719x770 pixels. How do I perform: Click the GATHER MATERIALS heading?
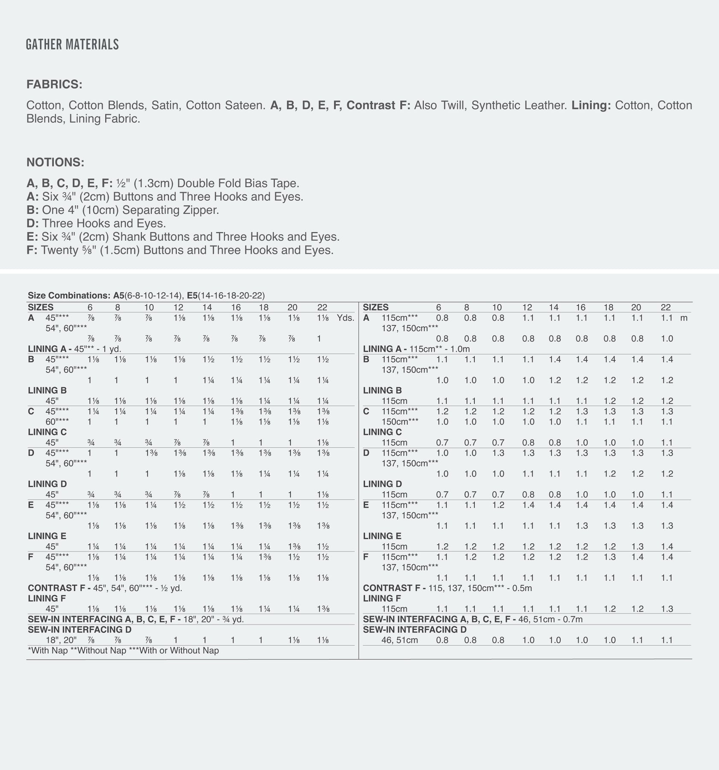pyautogui.click(x=72, y=44)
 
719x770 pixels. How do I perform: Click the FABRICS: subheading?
pyautogui.click(x=54, y=84)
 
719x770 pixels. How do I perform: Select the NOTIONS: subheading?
pyautogui.click(x=55, y=163)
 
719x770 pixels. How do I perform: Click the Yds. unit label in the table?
pyautogui.click(x=345, y=318)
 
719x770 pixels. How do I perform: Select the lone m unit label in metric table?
pyautogui.click(x=683, y=318)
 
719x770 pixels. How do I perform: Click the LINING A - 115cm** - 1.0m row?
pyautogui.click(x=416, y=349)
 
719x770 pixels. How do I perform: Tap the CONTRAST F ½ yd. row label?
pyautogui.click(x=105, y=588)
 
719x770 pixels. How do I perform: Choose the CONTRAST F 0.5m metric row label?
pyautogui.click(x=447, y=588)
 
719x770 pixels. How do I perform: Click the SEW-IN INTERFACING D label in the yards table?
pyautogui.click(x=80, y=630)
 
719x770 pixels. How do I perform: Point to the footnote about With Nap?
pyautogui.click(x=123, y=651)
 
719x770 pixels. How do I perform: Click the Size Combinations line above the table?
pyautogui.click(x=146, y=296)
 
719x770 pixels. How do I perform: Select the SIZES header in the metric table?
pyautogui.click(x=376, y=307)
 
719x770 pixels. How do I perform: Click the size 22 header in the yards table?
pyautogui.click(x=323, y=307)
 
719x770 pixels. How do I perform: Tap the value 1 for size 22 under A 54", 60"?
pyautogui.click(x=319, y=339)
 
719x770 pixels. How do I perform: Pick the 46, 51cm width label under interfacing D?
pyautogui.click(x=399, y=640)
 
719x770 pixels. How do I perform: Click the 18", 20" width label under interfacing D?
pyautogui.click(x=61, y=640)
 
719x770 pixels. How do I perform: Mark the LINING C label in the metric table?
pyautogui.click(x=382, y=432)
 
